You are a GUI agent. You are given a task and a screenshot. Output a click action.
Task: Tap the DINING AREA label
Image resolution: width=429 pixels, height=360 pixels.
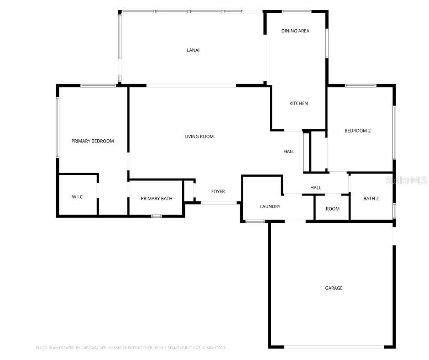tap(295, 31)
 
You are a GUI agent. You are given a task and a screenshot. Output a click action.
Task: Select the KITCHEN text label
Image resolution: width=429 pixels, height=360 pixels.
tap(298, 103)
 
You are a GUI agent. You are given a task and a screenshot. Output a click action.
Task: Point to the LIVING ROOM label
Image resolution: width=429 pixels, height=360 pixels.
tap(199, 137)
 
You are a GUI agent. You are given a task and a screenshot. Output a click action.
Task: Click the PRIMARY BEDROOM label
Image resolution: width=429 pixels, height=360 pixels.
tap(93, 141)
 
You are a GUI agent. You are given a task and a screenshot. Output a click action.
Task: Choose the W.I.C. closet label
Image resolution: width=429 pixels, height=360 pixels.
tap(78, 197)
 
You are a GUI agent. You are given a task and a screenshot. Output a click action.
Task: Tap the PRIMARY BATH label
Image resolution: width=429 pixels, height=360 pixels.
tap(157, 199)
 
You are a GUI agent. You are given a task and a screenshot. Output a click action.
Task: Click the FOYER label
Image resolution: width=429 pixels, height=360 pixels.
tap(218, 191)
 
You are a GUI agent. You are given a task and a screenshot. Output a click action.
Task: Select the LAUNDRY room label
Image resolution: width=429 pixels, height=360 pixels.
tap(270, 206)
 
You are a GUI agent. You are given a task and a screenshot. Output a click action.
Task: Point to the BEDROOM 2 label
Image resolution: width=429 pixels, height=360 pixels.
tap(357, 131)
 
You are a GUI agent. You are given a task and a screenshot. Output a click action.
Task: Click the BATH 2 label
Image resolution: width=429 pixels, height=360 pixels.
tap(371, 199)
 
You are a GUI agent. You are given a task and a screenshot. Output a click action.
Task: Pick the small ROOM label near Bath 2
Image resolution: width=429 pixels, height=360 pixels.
tap(333, 209)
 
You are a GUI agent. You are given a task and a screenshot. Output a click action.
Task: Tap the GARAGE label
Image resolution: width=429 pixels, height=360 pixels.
tap(334, 288)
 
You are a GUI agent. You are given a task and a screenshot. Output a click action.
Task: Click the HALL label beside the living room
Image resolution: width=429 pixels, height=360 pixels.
tap(289, 152)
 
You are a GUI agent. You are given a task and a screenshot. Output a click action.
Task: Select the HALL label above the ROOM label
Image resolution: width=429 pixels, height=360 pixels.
tap(316, 188)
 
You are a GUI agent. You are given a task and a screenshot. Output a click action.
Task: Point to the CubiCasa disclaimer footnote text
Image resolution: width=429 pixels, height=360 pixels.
tap(131, 348)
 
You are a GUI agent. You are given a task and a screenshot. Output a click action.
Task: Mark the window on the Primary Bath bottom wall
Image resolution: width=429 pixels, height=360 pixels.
tap(157, 216)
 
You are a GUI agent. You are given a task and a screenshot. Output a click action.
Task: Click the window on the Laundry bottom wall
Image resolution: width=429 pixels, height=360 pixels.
tap(255, 222)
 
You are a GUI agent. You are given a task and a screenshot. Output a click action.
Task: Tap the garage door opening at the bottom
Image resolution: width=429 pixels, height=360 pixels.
tap(334, 347)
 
